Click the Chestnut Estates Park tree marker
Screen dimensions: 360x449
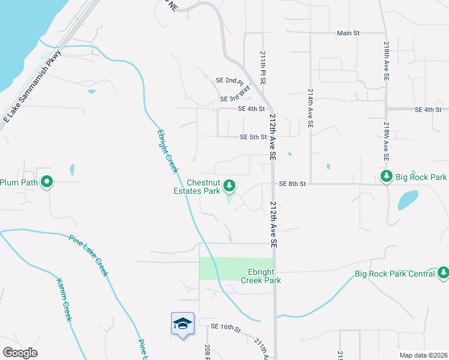(x=229, y=187)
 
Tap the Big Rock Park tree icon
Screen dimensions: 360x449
(x=387, y=176)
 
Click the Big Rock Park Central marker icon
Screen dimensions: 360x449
(x=443, y=273)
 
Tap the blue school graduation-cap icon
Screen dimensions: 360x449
(x=182, y=325)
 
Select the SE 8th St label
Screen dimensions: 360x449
(x=292, y=183)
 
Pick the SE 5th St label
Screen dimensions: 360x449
(x=253, y=137)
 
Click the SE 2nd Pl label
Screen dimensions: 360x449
(x=230, y=81)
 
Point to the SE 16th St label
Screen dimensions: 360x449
(x=225, y=327)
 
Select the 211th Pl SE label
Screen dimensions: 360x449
(x=263, y=67)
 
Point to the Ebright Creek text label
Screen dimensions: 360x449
(x=167, y=151)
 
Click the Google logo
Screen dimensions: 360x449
(x=20, y=353)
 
